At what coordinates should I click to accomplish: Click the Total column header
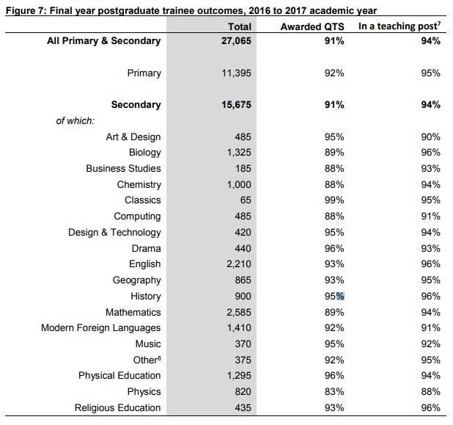[240, 26]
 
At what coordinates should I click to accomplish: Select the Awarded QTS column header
[312, 26]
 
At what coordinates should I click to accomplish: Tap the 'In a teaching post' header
[399, 26]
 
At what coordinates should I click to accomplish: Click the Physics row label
[144, 392]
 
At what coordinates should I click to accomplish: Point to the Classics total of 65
[246, 200]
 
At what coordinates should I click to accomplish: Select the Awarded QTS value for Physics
[334, 392]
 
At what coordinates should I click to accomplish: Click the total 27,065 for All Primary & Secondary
[236, 41]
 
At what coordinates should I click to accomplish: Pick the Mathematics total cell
[239, 313]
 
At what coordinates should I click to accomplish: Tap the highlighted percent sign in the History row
[340, 297]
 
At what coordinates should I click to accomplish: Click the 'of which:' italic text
[75, 120]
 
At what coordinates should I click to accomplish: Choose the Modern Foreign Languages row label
[101, 328]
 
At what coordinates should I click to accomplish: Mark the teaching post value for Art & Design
[431, 137]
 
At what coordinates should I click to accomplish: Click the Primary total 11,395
[236, 73]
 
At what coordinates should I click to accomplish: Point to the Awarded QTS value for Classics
[334, 200]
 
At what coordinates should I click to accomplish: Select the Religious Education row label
[117, 408]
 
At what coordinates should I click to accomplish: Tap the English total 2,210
[239, 264]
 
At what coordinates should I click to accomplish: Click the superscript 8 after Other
[159, 357]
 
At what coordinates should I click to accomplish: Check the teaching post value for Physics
[431, 392]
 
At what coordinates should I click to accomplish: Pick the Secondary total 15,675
[236, 105]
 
